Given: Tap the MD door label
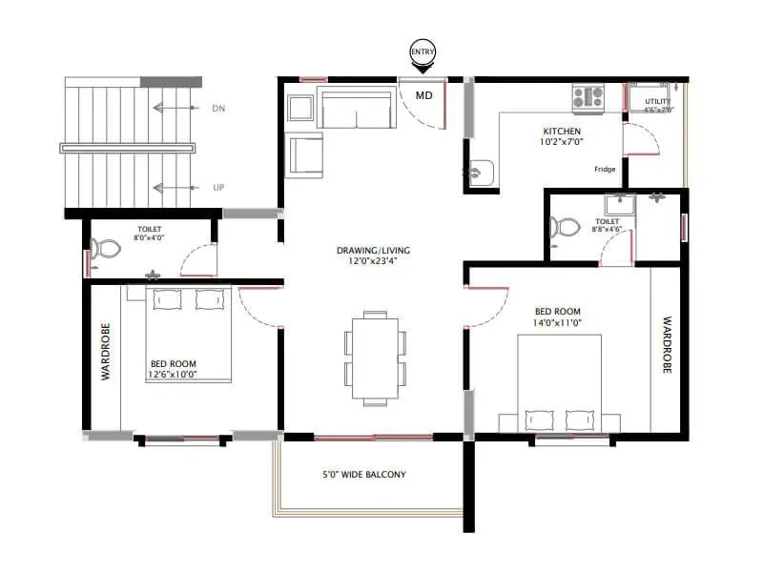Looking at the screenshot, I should pyautogui.click(x=423, y=94).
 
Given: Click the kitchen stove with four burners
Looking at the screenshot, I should pyautogui.click(x=588, y=95).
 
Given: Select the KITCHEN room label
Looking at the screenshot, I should pyautogui.click(x=562, y=131).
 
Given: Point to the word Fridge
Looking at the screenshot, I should pyautogui.click(x=605, y=169).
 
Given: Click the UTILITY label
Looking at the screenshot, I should pyautogui.click(x=658, y=101).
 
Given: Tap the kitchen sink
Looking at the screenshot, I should pyautogui.click(x=481, y=174).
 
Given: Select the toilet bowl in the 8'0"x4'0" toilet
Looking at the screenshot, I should pyautogui.click(x=107, y=250).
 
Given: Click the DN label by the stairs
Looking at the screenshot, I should pyautogui.click(x=218, y=109).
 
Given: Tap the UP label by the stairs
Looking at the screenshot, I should pyautogui.click(x=218, y=188).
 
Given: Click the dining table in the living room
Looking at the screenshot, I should pyautogui.click(x=374, y=357).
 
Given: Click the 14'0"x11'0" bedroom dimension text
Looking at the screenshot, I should pyautogui.click(x=557, y=323).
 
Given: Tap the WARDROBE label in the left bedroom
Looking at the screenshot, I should pyautogui.click(x=106, y=352).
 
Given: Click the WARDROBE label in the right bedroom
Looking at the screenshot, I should pyautogui.click(x=666, y=345).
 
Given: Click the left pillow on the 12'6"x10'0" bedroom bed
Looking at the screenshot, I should pyautogui.click(x=167, y=299).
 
